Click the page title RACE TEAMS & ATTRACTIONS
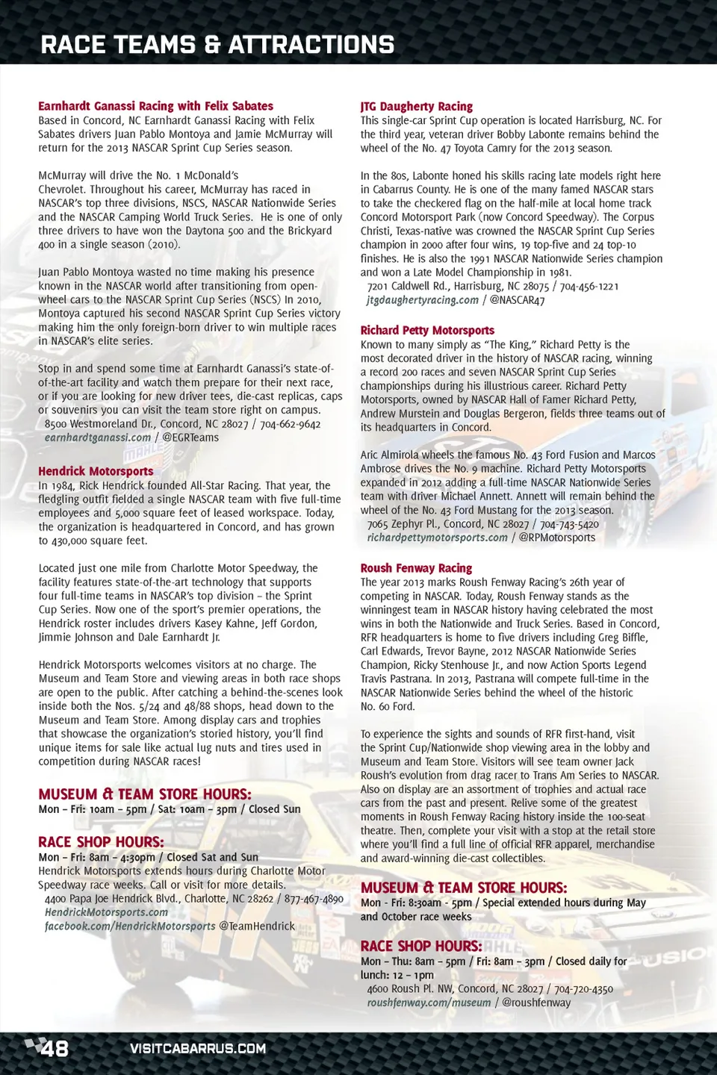coord(217,45)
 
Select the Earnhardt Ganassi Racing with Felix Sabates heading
coord(155,106)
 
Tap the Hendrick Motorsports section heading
coord(96,471)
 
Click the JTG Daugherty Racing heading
coord(416,107)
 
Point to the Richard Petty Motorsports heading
coord(427,330)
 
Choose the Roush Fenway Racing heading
coord(416,568)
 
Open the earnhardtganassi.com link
coord(97,437)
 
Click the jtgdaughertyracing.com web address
coord(422,300)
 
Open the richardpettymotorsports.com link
coord(437,537)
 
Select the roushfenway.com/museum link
coord(429,1003)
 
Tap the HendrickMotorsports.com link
coord(106,912)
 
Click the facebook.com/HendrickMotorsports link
coord(130,926)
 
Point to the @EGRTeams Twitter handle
coord(190,437)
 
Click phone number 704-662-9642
coord(290,424)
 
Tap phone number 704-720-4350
coord(583,989)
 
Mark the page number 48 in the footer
coord(55,1049)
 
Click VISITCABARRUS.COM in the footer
coord(198,1049)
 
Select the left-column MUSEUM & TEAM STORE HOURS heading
coord(145,794)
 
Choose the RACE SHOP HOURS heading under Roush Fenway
coord(421,947)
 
